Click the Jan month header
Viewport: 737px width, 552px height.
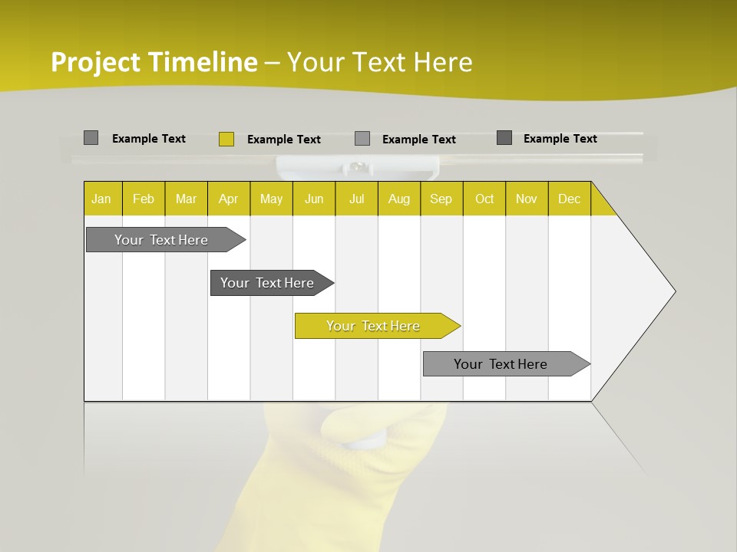(x=102, y=199)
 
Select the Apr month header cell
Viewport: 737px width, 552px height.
(x=228, y=199)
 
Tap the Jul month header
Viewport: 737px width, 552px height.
(x=356, y=199)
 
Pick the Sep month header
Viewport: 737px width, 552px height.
(x=441, y=199)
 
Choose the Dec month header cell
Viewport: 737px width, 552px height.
(x=569, y=199)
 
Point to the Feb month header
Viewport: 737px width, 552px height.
(x=144, y=199)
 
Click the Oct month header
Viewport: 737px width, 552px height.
(x=484, y=199)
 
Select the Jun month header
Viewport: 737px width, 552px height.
(x=313, y=199)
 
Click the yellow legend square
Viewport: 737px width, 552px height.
(x=226, y=139)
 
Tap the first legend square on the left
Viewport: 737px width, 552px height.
(x=91, y=138)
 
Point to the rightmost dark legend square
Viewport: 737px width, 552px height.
(x=504, y=138)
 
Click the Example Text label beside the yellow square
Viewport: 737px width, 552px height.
(x=283, y=140)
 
